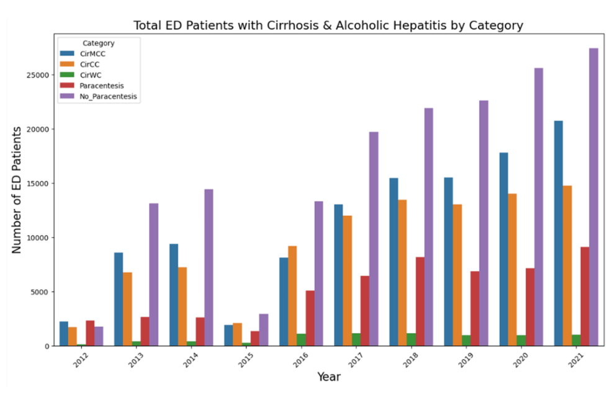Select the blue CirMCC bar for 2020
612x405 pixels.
tap(503, 249)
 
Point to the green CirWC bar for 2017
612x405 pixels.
tap(356, 339)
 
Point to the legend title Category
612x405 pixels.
tap(98, 43)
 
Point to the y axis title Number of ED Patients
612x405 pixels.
tap(17, 189)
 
